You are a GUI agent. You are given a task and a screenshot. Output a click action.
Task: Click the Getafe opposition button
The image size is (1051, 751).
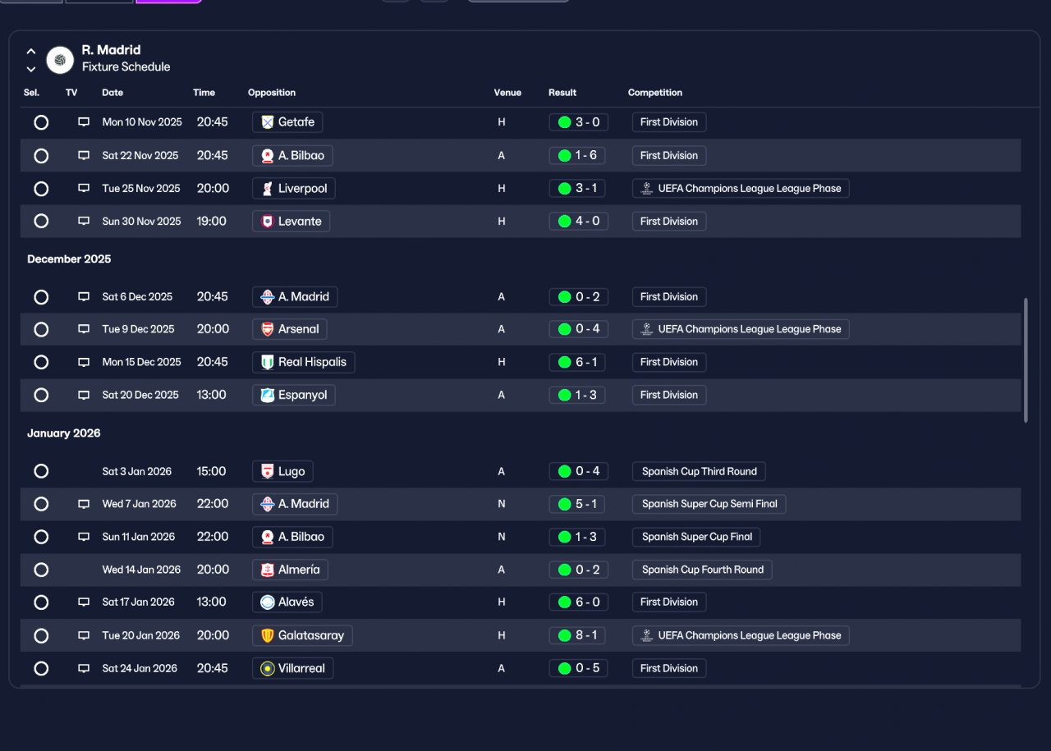click(287, 122)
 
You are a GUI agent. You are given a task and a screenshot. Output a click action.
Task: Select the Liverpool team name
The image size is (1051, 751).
click(302, 189)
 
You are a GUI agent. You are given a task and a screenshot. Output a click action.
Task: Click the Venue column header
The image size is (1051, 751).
click(507, 93)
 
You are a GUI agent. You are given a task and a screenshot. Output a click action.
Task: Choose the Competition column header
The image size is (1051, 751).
click(655, 93)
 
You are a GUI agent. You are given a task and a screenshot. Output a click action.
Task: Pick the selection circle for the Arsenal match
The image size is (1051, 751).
click(41, 330)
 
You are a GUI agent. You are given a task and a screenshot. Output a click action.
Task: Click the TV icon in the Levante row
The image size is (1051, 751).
click(84, 221)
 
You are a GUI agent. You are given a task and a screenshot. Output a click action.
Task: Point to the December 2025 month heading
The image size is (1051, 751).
click(69, 259)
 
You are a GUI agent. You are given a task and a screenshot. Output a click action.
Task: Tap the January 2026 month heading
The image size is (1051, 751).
click(64, 433)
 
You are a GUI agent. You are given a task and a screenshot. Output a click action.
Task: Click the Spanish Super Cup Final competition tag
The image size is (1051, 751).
click(696, 537)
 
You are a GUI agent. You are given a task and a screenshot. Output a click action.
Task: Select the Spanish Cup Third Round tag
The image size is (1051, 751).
click(699, 471)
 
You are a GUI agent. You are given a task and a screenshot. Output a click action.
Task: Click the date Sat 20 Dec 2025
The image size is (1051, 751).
click(140, 395)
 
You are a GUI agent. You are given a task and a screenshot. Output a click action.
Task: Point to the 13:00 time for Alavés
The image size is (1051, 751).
click(211, 602)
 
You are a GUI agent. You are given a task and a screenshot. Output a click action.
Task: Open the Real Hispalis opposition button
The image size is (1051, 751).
click(304, 362)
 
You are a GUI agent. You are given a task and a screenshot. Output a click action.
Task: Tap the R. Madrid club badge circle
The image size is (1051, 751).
click(60, 60)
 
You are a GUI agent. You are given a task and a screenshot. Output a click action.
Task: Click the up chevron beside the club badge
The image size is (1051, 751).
click(31, 51)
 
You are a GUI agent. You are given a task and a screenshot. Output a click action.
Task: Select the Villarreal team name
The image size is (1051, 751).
click(301, 668)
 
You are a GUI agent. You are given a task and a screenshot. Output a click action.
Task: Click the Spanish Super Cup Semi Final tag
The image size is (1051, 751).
click(709, 504)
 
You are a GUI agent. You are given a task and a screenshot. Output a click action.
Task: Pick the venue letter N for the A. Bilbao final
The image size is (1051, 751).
click(502, 537)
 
